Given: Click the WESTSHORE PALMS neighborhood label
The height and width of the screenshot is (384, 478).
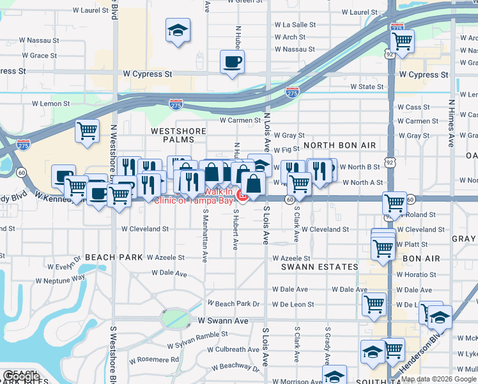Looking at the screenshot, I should tap(178, 131).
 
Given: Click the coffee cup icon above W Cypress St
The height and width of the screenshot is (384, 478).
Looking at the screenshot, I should tap(232, 62).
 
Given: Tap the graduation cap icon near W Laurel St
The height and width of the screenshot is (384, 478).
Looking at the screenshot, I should tap(178, 29).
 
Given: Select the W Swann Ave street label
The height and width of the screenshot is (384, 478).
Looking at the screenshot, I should tap(222, 320).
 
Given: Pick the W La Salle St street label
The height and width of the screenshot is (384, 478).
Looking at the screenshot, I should tap(295, 25).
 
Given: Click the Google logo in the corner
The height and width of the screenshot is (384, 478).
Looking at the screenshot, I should tap(22, 377).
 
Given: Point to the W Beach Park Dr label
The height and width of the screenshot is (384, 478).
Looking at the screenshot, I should tap(233, 304).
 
